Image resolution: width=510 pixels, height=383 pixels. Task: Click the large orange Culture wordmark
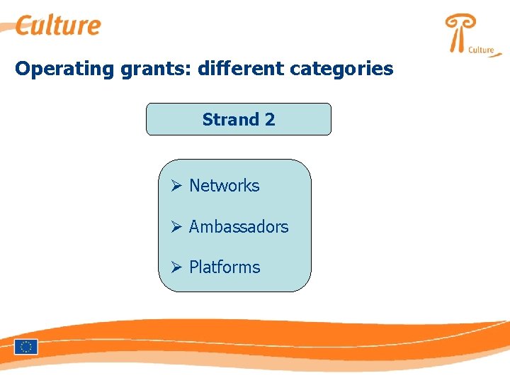click(59, 26)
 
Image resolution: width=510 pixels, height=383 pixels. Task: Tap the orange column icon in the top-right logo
click(458, 33)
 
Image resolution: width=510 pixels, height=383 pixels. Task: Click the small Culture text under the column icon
click(481, 50)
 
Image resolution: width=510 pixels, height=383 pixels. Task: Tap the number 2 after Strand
click(269, 119)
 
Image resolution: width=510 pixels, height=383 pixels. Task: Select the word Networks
click(224, 186)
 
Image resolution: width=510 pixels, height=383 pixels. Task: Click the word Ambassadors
click(239, 227)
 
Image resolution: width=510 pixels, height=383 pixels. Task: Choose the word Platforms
click(225, 267)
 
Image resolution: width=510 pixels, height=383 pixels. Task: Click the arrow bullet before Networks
click(177, 186)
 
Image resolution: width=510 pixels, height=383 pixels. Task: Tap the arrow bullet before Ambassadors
click(177, 227)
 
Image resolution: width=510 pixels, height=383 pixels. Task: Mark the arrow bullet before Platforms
click(177, 267)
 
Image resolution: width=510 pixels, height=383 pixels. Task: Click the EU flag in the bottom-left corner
click(26, 347)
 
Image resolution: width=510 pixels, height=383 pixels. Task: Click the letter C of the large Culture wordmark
click(25, 26)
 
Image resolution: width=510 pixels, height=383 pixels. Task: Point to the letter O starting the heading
click(23, 69)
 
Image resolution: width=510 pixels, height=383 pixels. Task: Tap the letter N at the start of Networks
click(195, 186)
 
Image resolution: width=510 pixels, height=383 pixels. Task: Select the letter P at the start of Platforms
click(193, 267)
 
